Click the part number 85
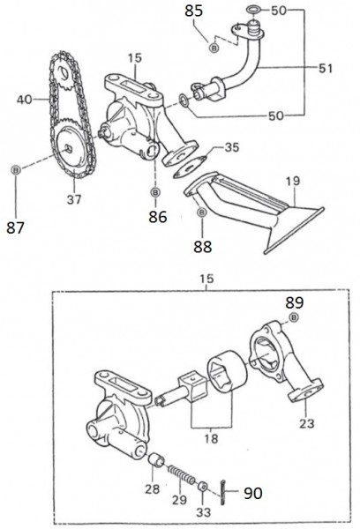coord(193,11)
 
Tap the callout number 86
coord(156,214)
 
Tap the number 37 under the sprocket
coord(74,199)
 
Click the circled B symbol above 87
coord(15,168)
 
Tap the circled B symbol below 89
coord(294,317)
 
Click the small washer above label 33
coord(203,486)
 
